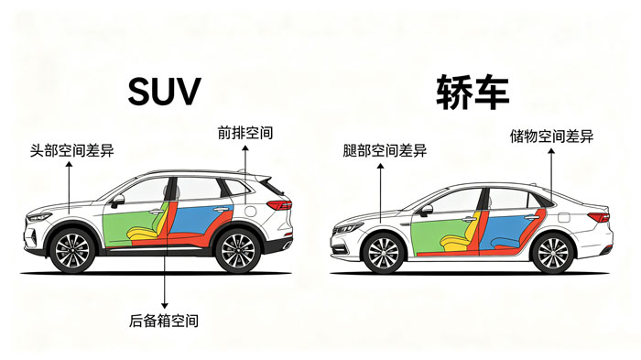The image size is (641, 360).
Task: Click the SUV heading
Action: coord(164,91)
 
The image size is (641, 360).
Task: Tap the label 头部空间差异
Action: coord(72,150)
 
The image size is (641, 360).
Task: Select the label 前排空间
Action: coord(245,133)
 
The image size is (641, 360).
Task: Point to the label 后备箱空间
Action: coord(164,321)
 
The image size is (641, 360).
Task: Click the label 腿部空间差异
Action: coord(385,150)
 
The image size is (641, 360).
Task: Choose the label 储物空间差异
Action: coord(551,136)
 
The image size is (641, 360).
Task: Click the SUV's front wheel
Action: coord(72,250)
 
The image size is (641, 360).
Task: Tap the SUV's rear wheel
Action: coord(237,250)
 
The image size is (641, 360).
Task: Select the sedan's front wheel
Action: coord(383,253)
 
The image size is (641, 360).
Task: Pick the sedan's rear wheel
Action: coord(552,253)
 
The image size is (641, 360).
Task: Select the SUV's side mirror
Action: coord(117,201)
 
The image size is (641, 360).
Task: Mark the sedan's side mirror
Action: coord(426,211)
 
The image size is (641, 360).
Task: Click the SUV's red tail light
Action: coord(279,204)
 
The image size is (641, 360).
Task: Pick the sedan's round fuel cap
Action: coord(562,217)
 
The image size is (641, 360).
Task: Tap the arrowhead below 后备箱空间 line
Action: coord(164,306)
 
